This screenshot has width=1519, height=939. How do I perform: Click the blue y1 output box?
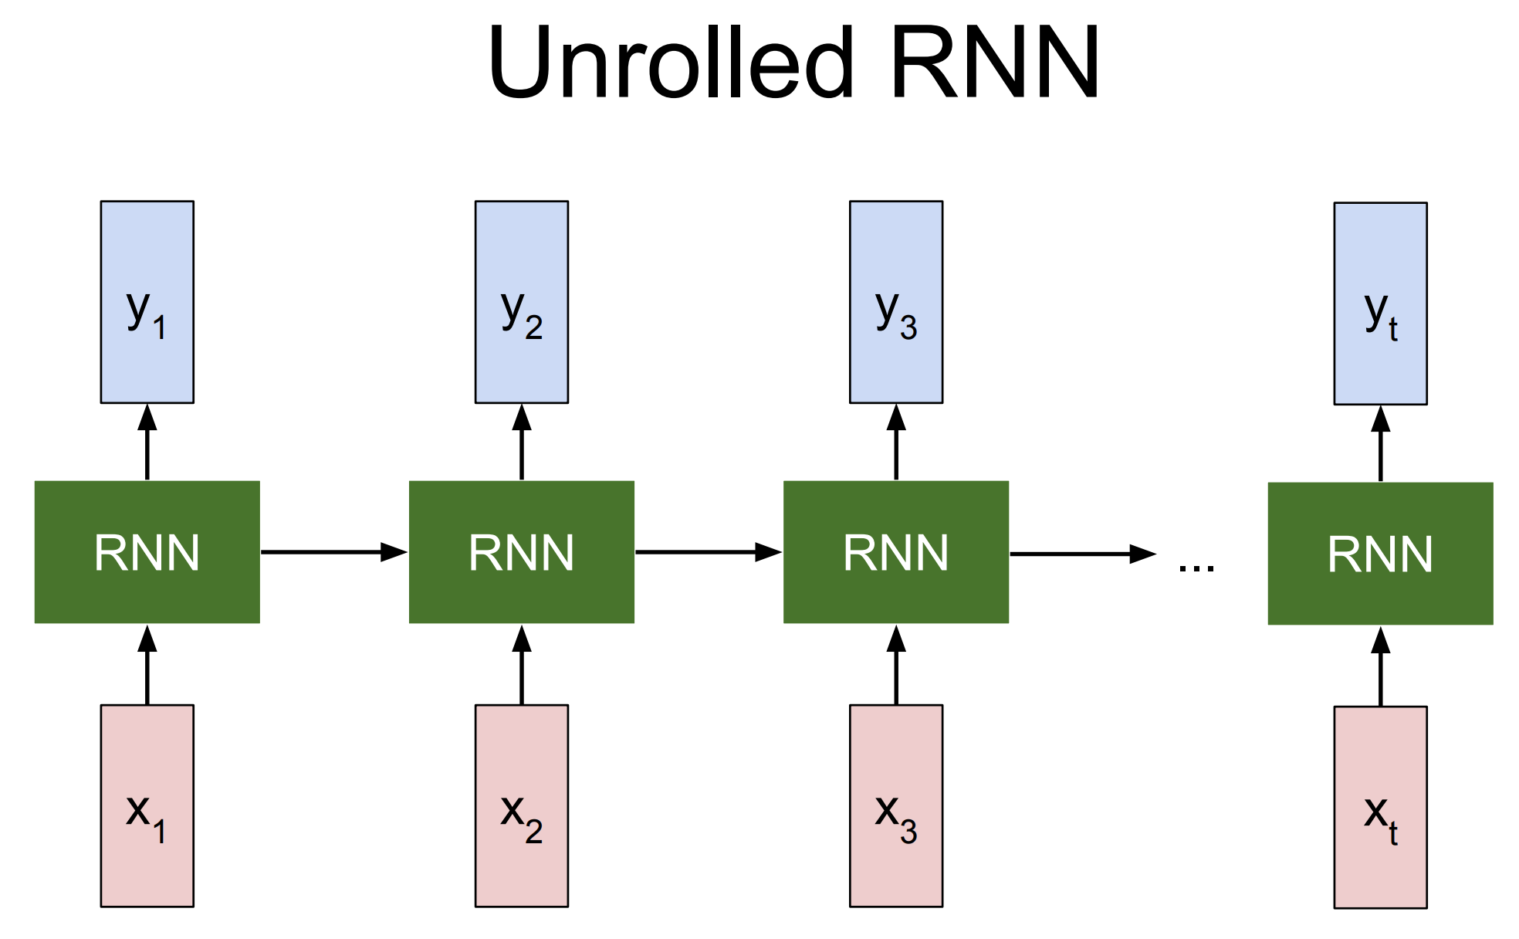pos(147,302)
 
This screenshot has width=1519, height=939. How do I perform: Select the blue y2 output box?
pos(522,302)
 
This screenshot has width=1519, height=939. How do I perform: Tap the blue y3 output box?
pos(896,302)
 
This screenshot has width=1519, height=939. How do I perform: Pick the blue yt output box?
pos(1381,303)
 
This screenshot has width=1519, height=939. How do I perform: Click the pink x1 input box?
pos(147,805)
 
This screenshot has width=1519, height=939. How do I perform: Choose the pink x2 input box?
pos(522,805)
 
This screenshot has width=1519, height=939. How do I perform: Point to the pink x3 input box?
pos(896,805)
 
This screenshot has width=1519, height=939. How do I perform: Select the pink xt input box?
pos(1381,807)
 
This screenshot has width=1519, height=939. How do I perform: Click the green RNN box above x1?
pos(147,552)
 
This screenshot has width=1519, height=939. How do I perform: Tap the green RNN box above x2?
pos(522,552)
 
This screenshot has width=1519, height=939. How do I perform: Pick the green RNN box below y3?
pos(896,552)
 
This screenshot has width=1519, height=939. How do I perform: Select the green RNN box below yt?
pos(1381,554)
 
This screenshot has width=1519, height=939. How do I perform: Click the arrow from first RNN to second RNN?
pos(334,552)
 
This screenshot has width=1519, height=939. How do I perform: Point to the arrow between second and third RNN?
pos(709,552)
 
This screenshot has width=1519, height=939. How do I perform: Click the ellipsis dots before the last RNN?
pos(1196,568)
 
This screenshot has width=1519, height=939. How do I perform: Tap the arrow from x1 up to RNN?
pos(147,664)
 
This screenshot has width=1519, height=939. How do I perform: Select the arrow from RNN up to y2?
pos(522,442)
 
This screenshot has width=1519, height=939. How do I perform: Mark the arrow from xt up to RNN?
pos(1381,666)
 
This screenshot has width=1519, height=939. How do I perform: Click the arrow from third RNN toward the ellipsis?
pos(1083,554)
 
